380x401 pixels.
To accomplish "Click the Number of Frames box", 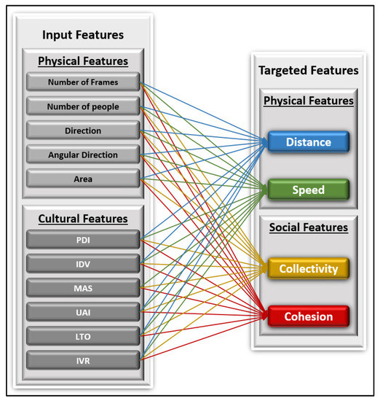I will [83, 82].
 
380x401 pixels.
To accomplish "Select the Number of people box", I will [83, 106].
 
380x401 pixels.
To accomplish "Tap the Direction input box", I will [83, 131].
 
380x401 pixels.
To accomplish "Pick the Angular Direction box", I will [83, 155].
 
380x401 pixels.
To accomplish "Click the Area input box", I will [83, 179].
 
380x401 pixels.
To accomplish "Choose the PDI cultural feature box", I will [83, 239].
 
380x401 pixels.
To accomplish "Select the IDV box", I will [83, 263].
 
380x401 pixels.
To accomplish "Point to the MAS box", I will [83, 287].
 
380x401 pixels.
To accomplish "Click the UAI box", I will [83, 311].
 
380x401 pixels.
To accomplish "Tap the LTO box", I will [83, 335].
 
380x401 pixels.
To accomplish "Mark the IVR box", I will [83, 359].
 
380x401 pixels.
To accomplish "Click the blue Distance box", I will [309, 143].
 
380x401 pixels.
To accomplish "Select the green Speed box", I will [309, 190].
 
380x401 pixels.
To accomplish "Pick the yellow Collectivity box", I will [309, 268].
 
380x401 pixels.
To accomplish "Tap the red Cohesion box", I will [309, 316].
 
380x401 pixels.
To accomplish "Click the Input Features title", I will [83, 35].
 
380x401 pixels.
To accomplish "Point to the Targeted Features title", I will [309, 71].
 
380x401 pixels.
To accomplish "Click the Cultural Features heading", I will [83, 218].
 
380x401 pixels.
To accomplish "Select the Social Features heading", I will [309, 227].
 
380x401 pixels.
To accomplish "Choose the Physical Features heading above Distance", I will [309, 101].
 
